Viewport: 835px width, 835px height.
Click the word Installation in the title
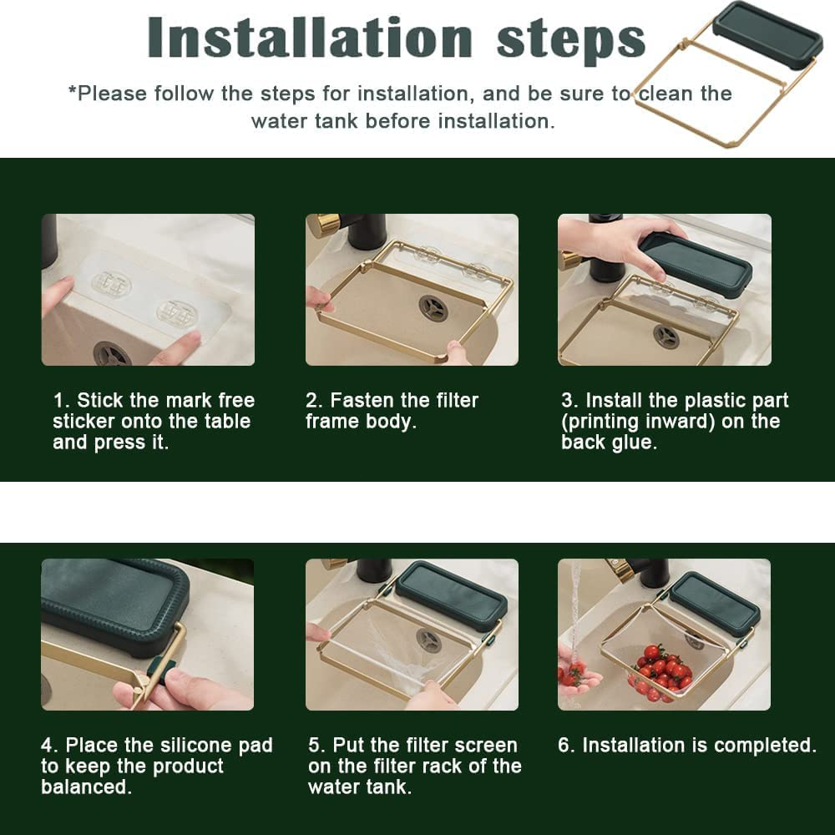tap(310, 37)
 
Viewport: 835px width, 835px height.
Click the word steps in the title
tap(571, 40)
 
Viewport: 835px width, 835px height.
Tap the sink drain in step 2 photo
tap(433, 308)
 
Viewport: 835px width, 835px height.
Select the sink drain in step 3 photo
tap(666, 337)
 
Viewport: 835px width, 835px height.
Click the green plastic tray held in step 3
tap(696, 265)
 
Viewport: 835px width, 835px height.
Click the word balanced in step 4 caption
tap(86, 787)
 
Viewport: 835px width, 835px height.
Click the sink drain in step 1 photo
tap(112, 354)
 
